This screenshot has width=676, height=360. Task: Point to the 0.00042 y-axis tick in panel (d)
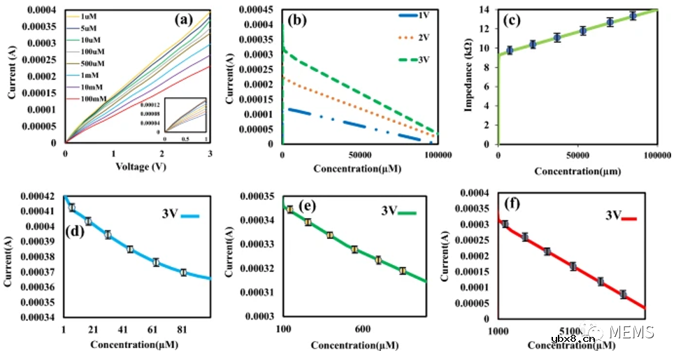click(x=43, y=196)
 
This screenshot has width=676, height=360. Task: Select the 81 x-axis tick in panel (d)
click(x=182, y=329)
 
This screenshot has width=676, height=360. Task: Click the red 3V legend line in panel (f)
click(x=633, y=218)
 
